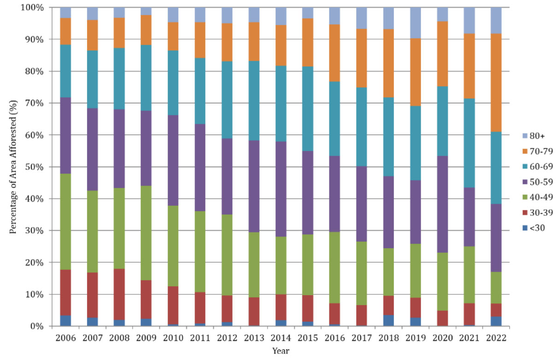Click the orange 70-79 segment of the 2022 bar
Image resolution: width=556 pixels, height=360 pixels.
point(497,82)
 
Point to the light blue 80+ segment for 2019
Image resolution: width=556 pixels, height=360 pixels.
point(416,23)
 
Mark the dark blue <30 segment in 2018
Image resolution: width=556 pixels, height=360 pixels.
point(388,320)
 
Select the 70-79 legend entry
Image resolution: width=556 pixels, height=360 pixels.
point(527,151)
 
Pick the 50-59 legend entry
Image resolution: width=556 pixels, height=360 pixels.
point(527,182)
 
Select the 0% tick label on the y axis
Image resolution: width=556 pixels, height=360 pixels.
point(37,326)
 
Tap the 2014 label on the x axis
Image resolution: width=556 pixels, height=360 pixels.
point(281,338)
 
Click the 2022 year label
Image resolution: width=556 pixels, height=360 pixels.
point(497,338)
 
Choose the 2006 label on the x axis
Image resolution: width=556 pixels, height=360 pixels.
point(65,338)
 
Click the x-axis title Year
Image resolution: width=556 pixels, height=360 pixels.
point(281,351)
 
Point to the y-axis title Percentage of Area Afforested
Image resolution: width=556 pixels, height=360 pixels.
point(14,167)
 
